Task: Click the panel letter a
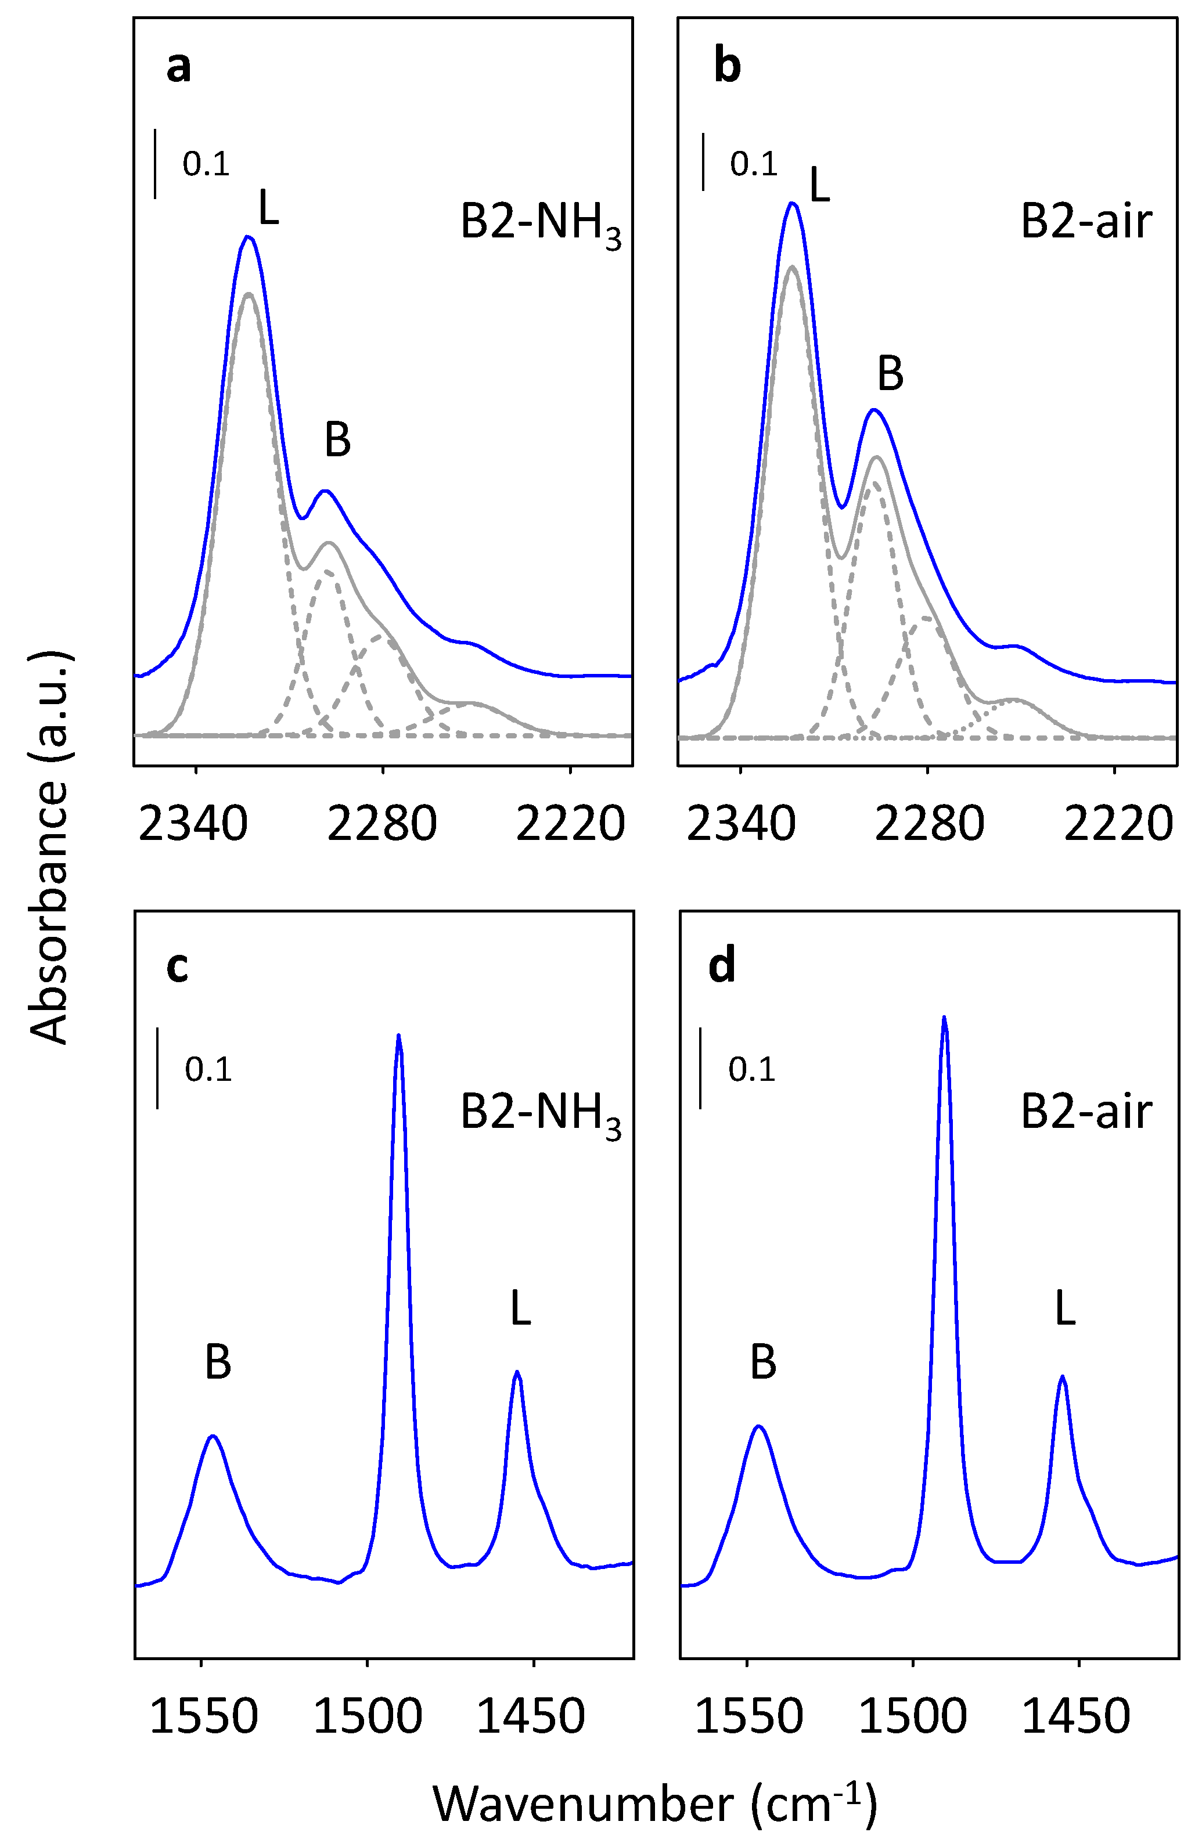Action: coord(178,67)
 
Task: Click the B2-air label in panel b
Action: coord(1086,222)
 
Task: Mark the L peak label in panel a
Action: coord(268,208)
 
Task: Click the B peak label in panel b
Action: coord(890,374)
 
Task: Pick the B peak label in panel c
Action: coord(218,1362)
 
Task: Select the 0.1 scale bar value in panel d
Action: coord(751,1069)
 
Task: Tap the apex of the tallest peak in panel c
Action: coord(398,1036)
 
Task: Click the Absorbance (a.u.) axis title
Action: coord(48,848)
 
